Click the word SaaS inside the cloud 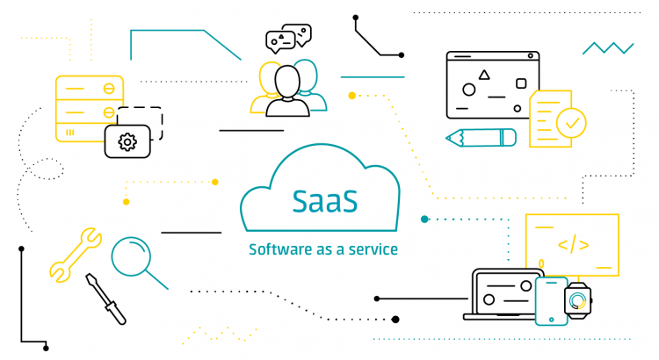pos(325,200)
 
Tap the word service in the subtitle pos(374,249)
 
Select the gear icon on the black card pos(127,140)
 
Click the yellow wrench pos(75,255)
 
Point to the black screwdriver pos(105,299)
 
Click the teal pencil pos(481,137)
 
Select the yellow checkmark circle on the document pos(571,122)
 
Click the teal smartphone pos(552,300)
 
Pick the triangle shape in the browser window pos(484,76)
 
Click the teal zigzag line pos(608,47)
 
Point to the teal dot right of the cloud pos(424,219)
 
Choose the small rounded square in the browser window pos(520,83)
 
